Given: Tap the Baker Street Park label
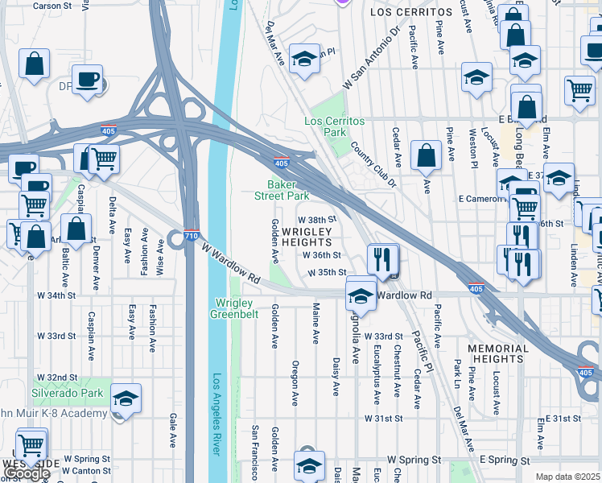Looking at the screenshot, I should click(x=282, y=190).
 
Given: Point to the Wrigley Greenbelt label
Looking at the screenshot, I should click(x=237, y=308).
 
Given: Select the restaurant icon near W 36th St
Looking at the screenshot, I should click(x=382, y=260).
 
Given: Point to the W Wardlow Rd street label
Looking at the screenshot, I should click(x=232, y=263).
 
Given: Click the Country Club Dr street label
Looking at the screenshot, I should click(x=373, y=165).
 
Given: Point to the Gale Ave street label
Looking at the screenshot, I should click(x=173, y=431).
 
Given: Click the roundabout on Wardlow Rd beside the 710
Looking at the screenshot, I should click(x=175, y=239).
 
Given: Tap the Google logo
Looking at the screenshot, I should click(x=27, y=474).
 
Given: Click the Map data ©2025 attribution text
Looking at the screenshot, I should click(x=567, y=477).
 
